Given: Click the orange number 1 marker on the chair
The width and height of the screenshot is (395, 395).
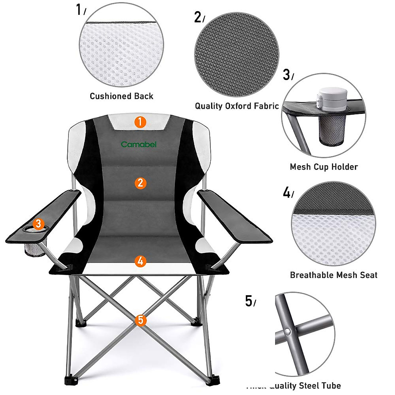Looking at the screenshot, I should click(x=140, y=122).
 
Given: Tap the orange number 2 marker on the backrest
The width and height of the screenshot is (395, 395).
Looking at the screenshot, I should click(x=141, y=183).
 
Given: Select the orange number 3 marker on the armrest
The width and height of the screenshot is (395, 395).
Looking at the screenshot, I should click(x=39, y=224).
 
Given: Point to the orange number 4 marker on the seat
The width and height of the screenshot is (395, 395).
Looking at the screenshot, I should click(x=141, y=261).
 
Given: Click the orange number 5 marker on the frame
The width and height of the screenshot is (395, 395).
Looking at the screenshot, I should click(x=141, y=320).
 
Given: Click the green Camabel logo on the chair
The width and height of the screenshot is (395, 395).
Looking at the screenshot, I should click(x=139, y=144).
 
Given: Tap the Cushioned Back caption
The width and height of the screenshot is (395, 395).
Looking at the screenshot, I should click(x=121, y=96).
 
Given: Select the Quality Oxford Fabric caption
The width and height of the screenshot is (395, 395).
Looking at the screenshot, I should click(x=237, y=106).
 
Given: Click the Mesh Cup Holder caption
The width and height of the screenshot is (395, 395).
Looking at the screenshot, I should click(x=324, y=167).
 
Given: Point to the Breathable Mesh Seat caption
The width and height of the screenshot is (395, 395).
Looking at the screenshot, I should click(x=333, y=275).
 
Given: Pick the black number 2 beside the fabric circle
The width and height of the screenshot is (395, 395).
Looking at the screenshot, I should click(x=197, y=17).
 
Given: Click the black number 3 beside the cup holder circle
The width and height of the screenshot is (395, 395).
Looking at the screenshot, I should click(x=286, y=75).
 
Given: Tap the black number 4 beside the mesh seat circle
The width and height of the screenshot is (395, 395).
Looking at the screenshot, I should click(x=286, y=193).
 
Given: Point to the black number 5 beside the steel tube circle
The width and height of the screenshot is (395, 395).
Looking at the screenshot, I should click(x=249, y=301).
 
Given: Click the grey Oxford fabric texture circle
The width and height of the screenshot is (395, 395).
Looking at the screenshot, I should click(x=237, y=55).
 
